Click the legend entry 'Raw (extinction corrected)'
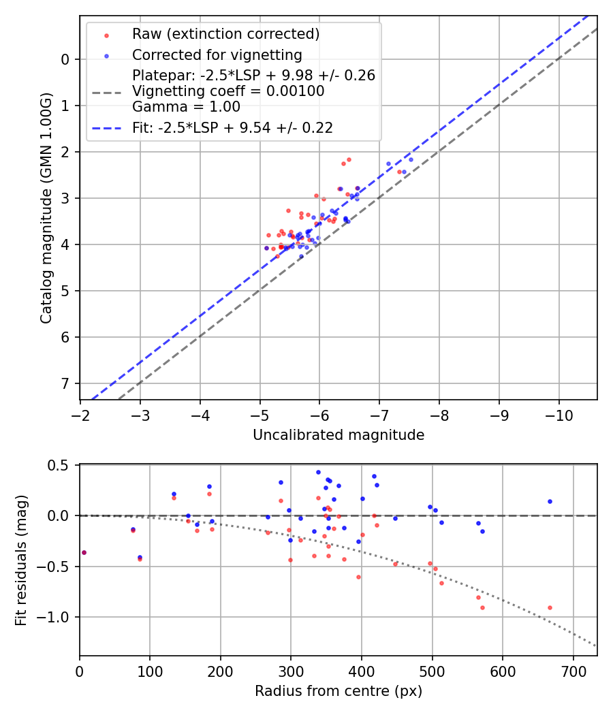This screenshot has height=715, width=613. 225,34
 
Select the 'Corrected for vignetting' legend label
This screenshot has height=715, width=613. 217,54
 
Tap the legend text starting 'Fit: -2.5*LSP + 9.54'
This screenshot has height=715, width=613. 232,127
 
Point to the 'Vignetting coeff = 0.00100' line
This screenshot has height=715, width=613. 228,91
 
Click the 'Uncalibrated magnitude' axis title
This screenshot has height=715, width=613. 339,435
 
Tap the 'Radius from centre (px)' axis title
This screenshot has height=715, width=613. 339,691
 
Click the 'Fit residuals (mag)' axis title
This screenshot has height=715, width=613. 22,560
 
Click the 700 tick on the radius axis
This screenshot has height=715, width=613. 573,672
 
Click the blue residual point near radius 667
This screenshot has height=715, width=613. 550,501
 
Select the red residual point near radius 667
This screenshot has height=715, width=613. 550,607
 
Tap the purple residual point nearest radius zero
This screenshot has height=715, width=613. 84,552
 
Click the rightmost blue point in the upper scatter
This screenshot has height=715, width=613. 411,159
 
